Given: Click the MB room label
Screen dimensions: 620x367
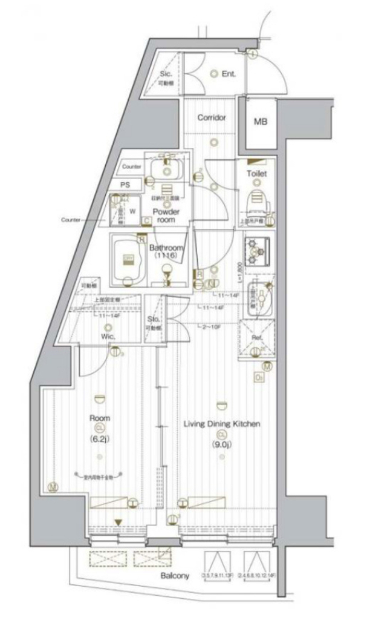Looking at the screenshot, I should pos(260,122).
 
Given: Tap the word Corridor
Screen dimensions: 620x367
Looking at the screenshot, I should pos(212,117).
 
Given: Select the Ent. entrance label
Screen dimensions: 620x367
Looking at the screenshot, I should pos(229,74).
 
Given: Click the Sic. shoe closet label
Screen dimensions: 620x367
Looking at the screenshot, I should pos(166,74).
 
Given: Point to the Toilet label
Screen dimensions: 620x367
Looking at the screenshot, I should pos(257,174).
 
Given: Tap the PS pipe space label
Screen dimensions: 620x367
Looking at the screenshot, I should pos(126,184).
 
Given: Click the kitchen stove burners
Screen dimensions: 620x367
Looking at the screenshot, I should pos(257,252).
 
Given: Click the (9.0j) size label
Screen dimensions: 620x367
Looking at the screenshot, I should pos(222,445).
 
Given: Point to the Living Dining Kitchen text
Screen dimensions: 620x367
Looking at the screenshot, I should pos(222,424).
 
